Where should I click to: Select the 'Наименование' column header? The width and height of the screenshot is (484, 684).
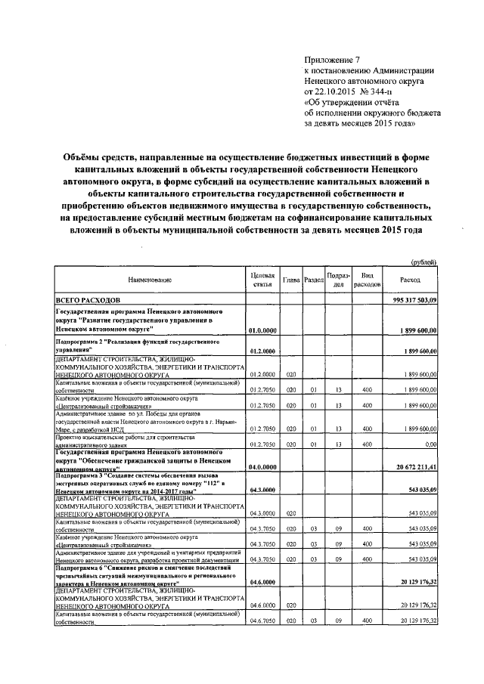[150, 280]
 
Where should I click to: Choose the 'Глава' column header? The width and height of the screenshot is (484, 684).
[291, 280]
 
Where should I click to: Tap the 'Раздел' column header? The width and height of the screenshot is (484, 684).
[313, 280]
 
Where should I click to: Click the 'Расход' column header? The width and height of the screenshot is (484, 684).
[412, 280]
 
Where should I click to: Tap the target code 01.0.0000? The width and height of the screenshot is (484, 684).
[262, 330]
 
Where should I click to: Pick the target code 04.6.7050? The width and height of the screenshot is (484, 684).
[262, 620]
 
